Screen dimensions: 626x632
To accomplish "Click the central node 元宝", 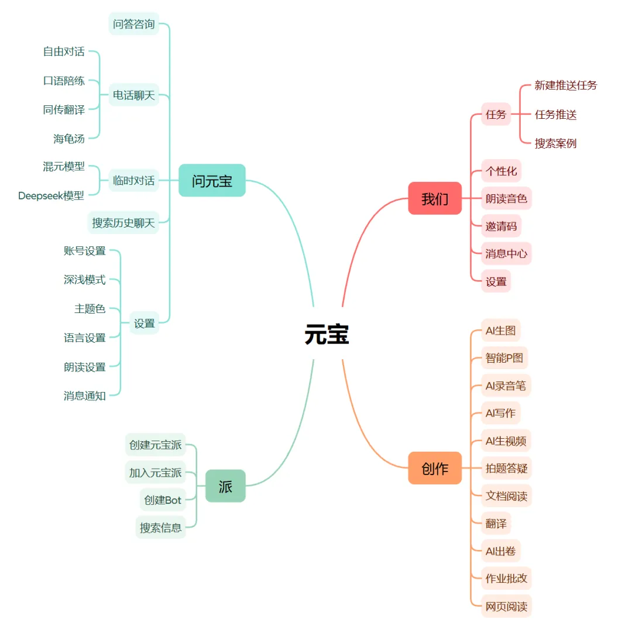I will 327,335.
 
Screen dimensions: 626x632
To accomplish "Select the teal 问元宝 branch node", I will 212,180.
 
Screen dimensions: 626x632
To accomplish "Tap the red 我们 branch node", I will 435,198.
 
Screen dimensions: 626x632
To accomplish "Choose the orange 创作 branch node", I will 435,468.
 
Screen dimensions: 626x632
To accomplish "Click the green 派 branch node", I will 225,486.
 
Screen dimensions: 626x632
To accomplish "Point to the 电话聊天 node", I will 134,95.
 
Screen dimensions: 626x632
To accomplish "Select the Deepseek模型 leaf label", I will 51,195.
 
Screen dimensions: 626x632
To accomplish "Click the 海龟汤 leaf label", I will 69,139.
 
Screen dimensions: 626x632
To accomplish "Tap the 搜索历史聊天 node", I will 123,222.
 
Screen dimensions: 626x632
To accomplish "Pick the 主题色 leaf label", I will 90,308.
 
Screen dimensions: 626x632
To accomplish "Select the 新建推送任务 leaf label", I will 566,85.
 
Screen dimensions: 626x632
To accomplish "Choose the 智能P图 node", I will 504,357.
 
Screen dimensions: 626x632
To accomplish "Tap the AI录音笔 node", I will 506,386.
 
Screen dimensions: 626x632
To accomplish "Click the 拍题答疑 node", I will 506,468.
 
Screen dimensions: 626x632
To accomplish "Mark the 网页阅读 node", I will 506,606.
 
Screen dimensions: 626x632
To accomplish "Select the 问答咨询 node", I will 134,24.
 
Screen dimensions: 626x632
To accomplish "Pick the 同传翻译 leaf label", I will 64,109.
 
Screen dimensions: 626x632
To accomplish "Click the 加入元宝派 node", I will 156,472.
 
